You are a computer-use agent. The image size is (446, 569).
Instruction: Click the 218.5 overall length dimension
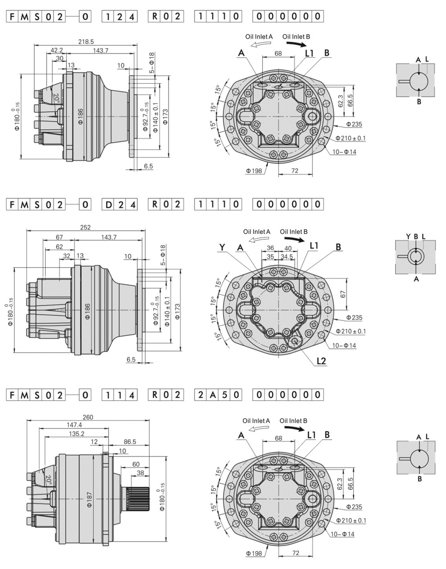coord(86,43)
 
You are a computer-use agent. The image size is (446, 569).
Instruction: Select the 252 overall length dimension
coord(86,227)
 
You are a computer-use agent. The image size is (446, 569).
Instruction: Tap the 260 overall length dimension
coord(87,417)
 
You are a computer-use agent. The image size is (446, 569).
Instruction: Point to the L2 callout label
coord(321,361)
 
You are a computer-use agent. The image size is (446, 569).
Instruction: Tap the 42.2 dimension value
coord(57,50)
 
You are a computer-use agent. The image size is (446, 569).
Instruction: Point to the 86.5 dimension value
coord(130,441)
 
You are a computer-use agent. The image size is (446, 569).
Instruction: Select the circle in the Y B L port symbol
coord(416,256)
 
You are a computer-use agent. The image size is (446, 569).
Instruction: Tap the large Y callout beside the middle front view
coord(223,247)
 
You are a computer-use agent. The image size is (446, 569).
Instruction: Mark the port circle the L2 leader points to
coord(297,341)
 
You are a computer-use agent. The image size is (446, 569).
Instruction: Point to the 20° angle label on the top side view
coord(56,98)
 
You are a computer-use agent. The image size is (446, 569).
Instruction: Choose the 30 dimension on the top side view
coord(59,58)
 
